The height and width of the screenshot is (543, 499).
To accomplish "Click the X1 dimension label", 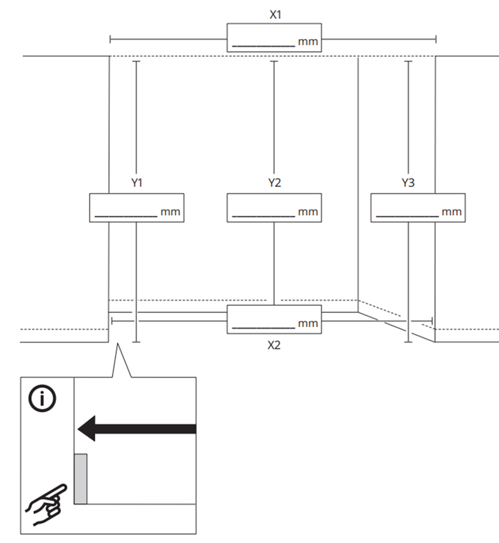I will click(x=275, y=15).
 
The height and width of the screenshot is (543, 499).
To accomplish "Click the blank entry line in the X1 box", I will click(x=263, y=45).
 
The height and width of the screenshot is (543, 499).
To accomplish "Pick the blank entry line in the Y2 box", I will click(x=263, y=216).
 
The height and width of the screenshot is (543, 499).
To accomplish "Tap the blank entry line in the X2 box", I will click(x=263, y=327).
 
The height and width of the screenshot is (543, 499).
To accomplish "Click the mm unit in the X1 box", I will click(x=308, y=42).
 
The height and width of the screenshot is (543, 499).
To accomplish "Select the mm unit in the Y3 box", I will click(x=451, y=212).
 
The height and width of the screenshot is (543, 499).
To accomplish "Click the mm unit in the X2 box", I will click(x=308, y=324).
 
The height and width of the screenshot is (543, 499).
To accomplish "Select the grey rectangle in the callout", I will click(x=80, y=478).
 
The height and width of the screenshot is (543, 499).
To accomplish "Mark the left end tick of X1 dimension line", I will click(x=110, y=40).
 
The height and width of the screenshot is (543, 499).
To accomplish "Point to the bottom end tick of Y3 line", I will click(x=408, y=342).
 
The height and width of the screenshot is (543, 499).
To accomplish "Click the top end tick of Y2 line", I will click(x=274, y=62).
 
